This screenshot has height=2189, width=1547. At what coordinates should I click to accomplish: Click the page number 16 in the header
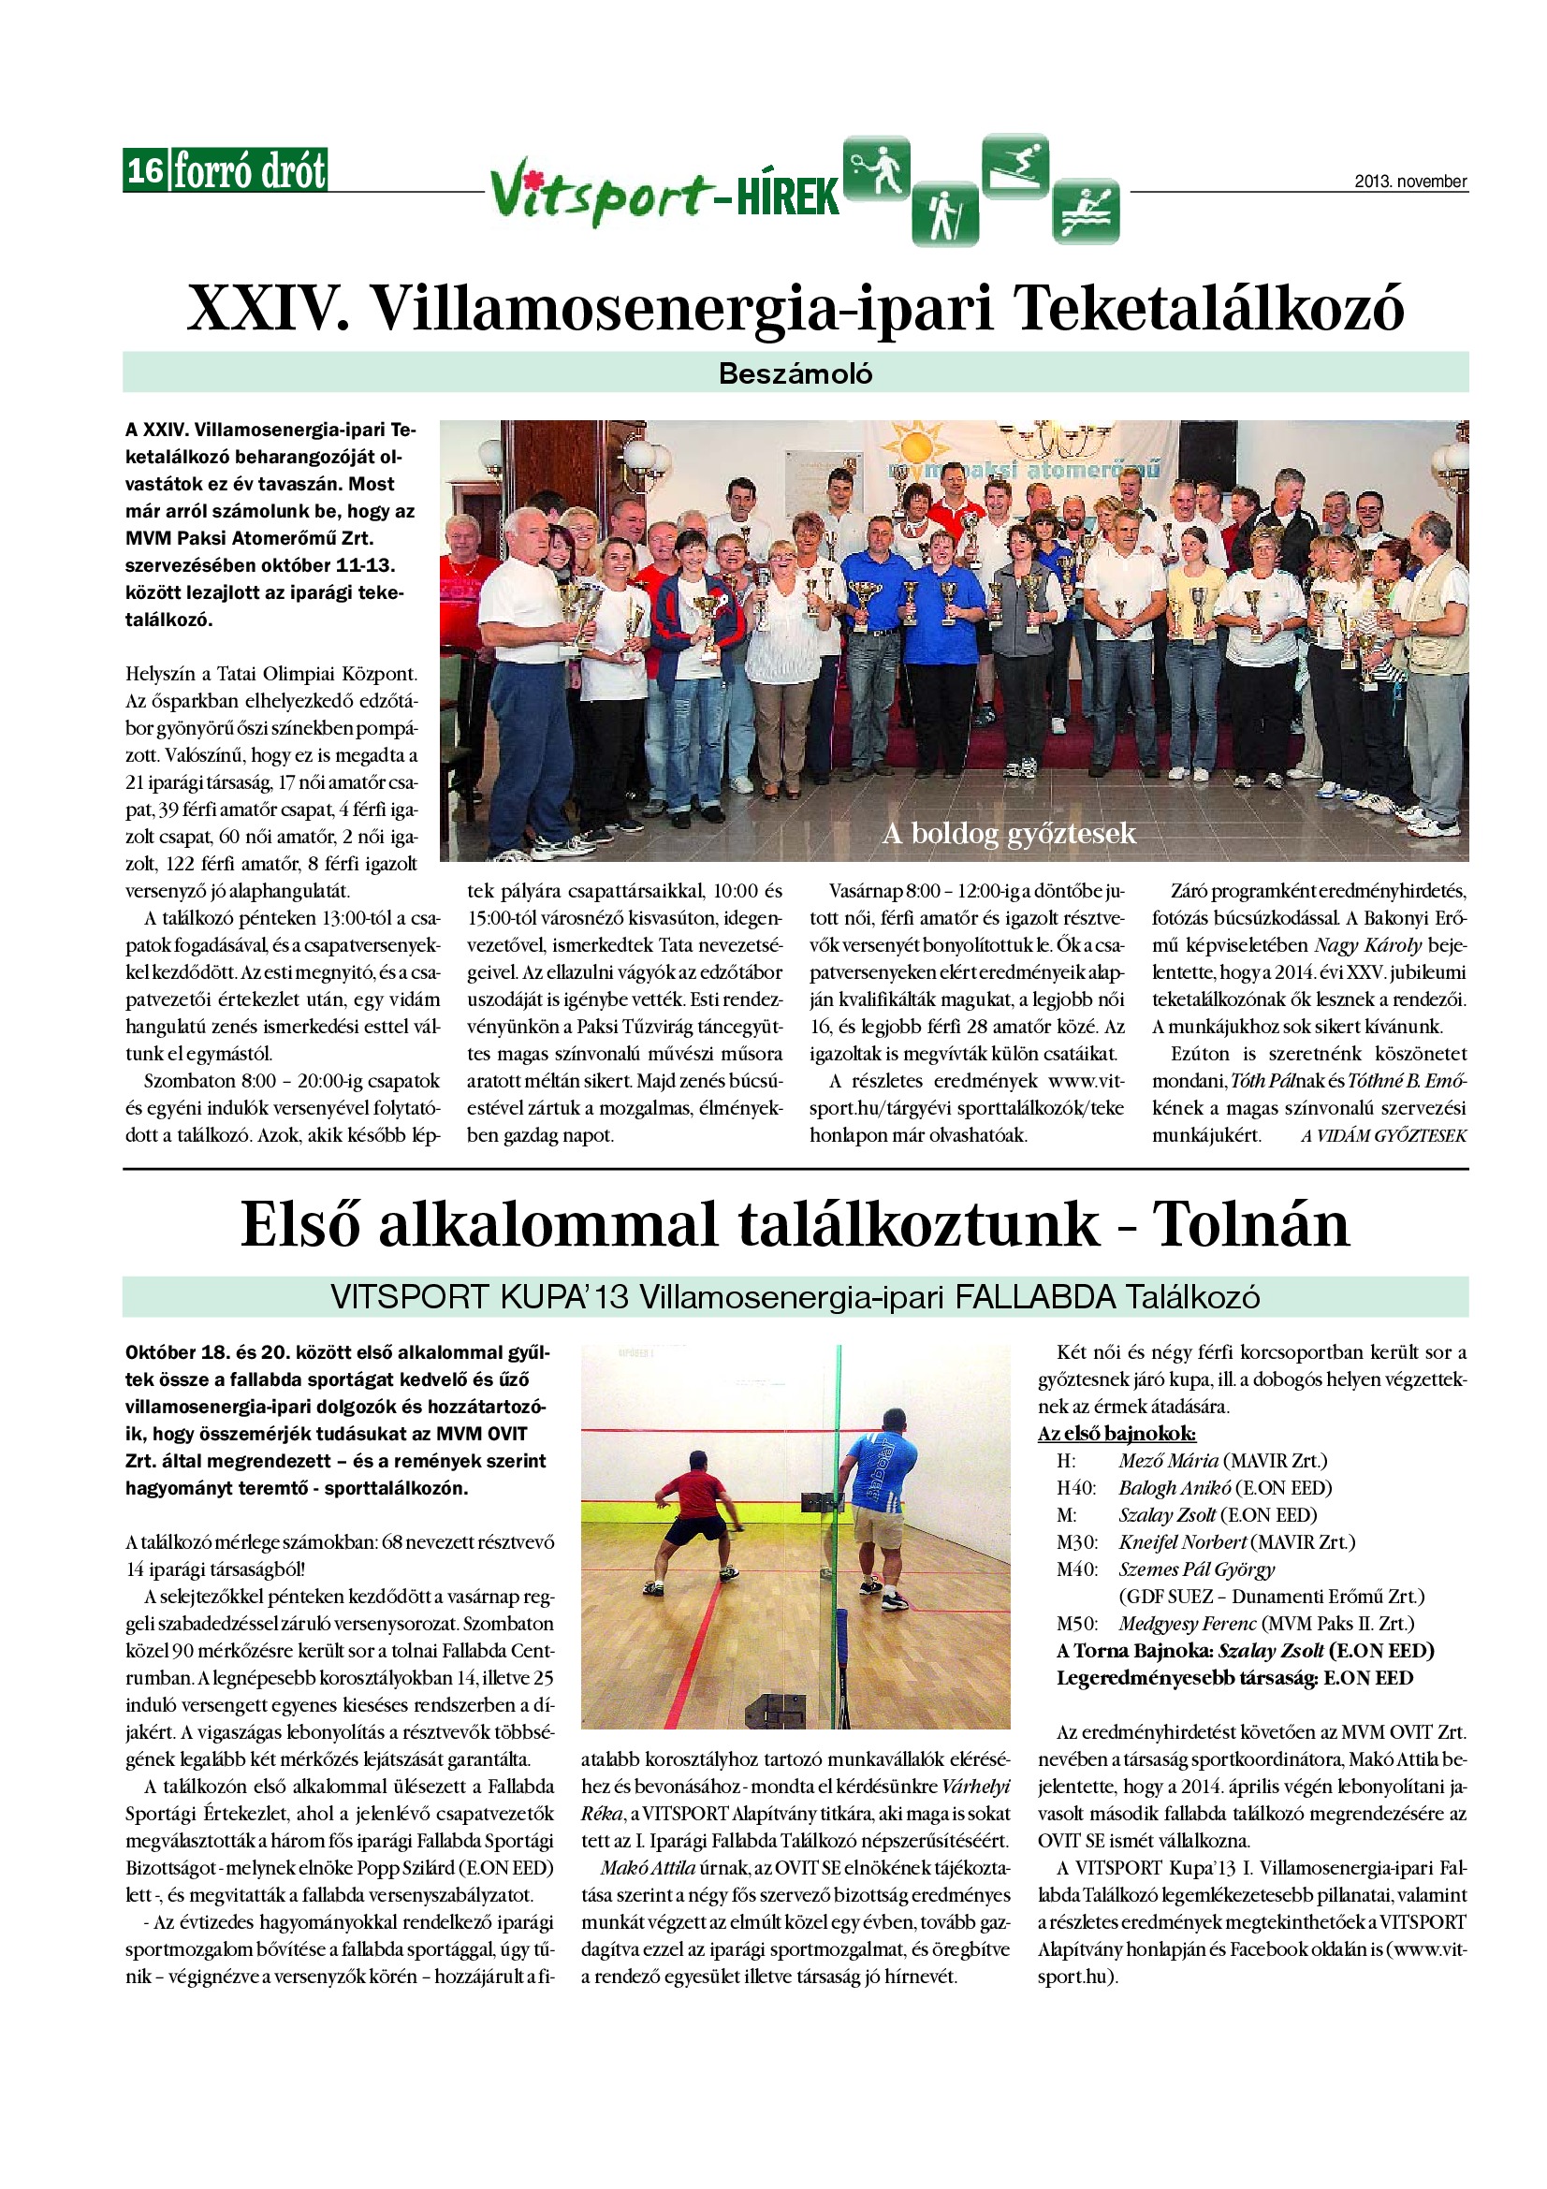tap(145, 171)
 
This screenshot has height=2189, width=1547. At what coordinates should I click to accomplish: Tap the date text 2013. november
tap(1409, 182)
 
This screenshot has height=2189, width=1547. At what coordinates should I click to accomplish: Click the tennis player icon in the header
tap(877, 168)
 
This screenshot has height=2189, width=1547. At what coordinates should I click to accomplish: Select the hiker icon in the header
tap(944, 212)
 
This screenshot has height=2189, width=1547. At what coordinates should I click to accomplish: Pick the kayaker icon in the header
tap(1086, 211)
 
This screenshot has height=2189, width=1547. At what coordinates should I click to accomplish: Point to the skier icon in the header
tap(1015, 166)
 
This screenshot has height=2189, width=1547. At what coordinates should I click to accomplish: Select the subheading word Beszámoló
tap(795, 372)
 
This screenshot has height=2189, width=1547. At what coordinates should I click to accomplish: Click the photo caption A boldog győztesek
tap(1009, 834)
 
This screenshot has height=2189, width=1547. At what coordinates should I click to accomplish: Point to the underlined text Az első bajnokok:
tap(1116, 1434)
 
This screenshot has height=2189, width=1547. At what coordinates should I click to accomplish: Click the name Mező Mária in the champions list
tap(1169, 1461)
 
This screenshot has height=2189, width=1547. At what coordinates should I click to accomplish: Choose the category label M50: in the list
tap(1076, 1624)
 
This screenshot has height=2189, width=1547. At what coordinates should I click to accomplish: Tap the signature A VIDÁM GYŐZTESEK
tap(1383, 1135)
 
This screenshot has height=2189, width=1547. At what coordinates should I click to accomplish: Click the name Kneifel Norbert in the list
tap(1182, 1541)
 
